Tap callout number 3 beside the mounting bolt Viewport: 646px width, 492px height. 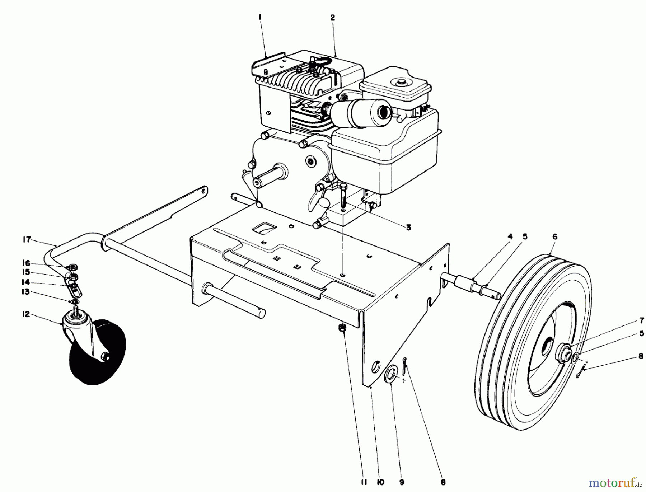[x=408, y=228]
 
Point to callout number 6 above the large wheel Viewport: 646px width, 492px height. [x=555, y=237]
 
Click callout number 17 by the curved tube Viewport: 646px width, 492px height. [x=27, y=240]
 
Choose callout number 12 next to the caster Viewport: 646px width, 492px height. [x=25, y=315]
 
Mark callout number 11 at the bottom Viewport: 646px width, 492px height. [x=362, y=483]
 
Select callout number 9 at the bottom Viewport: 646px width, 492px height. [x=402, y=483]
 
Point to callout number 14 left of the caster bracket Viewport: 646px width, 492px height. [x=25, y=282]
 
